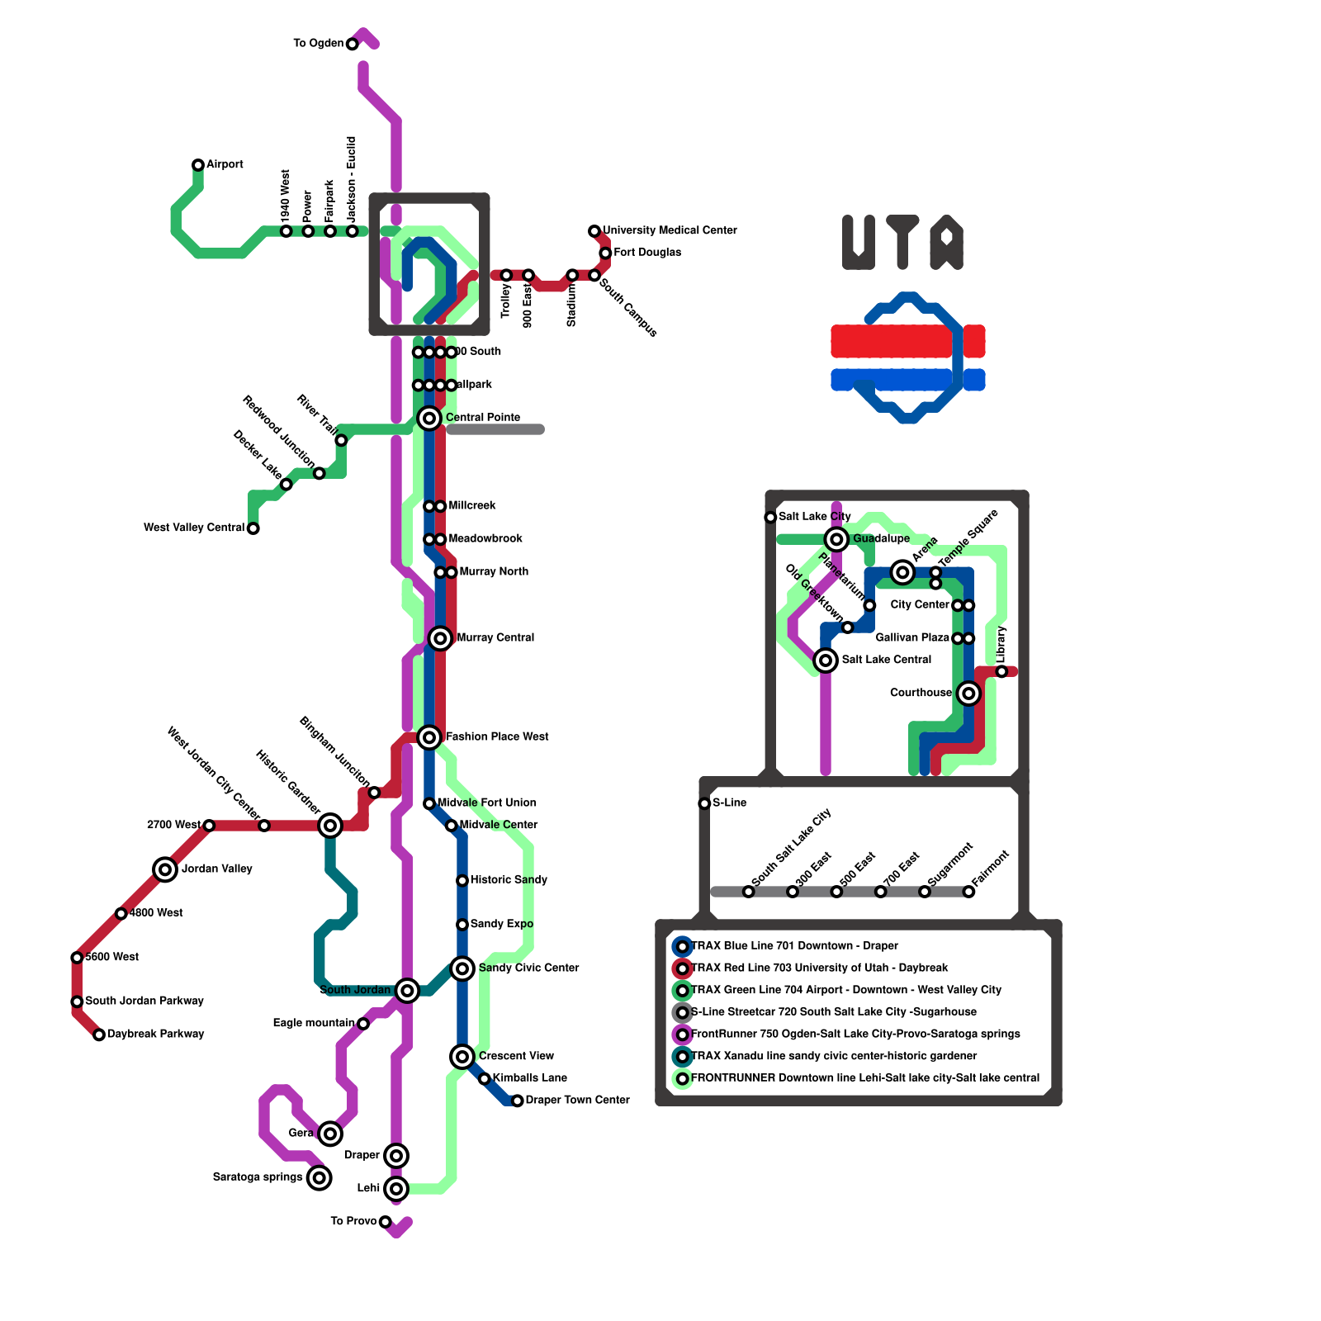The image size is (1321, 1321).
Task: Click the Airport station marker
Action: (198, 165)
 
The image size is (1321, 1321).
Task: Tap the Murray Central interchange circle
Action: (440, 638)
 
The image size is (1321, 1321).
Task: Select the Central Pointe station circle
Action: (428, 419)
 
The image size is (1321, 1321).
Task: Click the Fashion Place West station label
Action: (496, 736)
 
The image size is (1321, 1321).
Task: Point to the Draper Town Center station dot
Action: (517, 1101)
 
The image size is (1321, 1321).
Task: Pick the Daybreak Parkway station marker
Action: (99, 1035)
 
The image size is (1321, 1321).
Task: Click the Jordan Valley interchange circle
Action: (165, 869)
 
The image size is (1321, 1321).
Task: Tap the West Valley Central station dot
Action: (253, 528)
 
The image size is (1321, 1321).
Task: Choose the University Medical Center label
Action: (670, 230)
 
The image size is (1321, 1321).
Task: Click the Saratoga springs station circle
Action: (320, 1177)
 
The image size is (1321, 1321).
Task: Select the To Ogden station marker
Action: (353, 44)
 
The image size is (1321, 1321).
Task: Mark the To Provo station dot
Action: (386, 1222)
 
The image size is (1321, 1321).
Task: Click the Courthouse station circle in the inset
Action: (968, 694)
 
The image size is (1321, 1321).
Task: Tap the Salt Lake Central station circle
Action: (826, 660)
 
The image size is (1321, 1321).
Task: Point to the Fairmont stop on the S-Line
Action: (968, 892)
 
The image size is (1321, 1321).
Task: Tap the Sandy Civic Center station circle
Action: (462, 968)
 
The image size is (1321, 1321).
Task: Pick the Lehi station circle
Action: (396, 1189)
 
